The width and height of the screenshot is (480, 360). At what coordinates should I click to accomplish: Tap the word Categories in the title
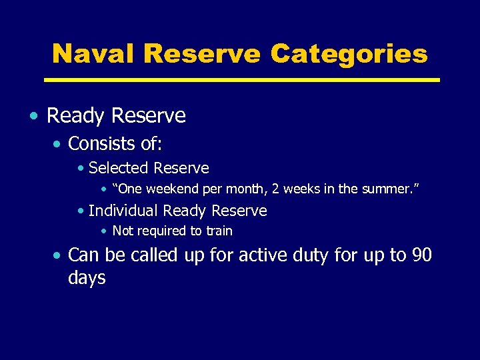[349, 53]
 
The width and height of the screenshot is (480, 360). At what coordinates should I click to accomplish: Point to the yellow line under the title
[241, 80]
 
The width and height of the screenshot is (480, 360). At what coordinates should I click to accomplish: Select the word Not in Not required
[123, 231]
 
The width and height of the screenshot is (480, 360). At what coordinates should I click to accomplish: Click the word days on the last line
[87, 277]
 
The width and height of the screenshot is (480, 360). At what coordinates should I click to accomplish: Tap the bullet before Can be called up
[59, 256]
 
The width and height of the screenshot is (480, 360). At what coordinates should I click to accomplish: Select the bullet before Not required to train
[104, 231]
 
